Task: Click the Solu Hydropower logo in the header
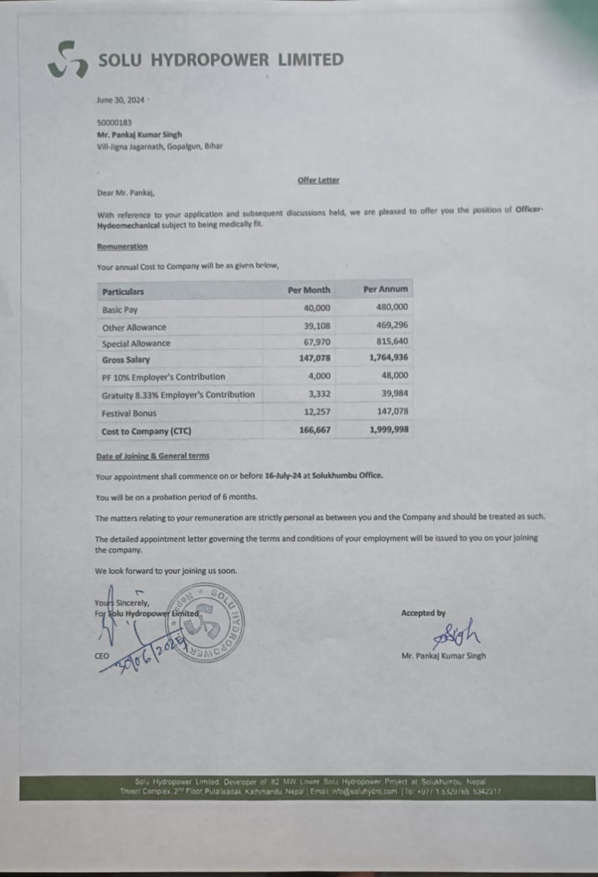click(67, 60)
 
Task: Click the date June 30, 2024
click(121, 99)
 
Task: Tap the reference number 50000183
click(114, 123)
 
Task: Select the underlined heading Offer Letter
click(319, 180)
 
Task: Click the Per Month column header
click(309, 290)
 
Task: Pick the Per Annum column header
click(385, 289)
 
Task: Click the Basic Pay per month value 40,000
click(316, 308)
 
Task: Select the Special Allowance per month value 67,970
click(316, 343)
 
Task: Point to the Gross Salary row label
click(126, 360)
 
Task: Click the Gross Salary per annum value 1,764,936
click(388, 358)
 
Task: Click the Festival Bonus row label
click(129, 413)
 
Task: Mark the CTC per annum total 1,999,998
click(388, 430)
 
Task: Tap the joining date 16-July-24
click(287, 475)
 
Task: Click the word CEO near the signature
click(101, 656)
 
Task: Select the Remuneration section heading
click(122, 247)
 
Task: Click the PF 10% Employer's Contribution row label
click(163, 377)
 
